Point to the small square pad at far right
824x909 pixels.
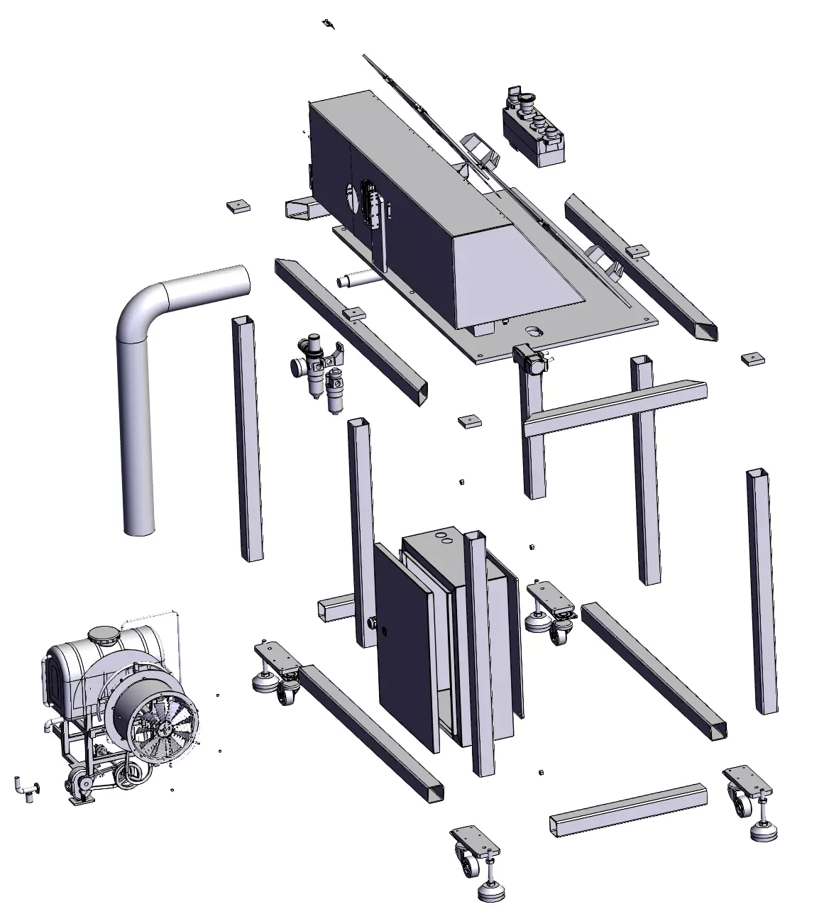[x=752, y=358]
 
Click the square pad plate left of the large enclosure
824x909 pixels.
[x=239, y=206]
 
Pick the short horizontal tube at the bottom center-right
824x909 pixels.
[x=628, y=809]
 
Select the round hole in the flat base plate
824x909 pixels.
[x=534, y=331]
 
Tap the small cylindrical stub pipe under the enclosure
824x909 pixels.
[x=358, y=280]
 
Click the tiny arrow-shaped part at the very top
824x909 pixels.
[x=328, y=25]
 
